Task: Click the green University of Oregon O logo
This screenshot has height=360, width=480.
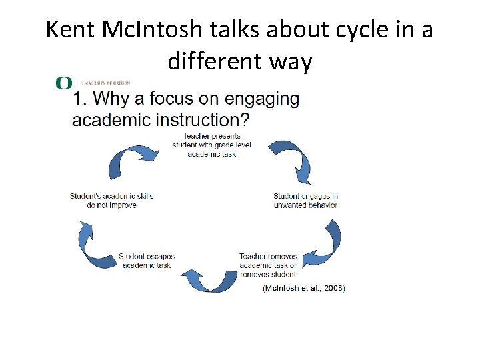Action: tap(64, 83)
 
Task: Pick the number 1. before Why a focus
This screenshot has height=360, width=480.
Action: tap(79, 99)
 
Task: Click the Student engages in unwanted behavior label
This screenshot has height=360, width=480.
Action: tap(305, 201)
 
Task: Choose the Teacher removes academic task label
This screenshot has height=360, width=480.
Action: tap(268, 265)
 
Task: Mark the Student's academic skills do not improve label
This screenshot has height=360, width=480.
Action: tap(111, 201)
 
